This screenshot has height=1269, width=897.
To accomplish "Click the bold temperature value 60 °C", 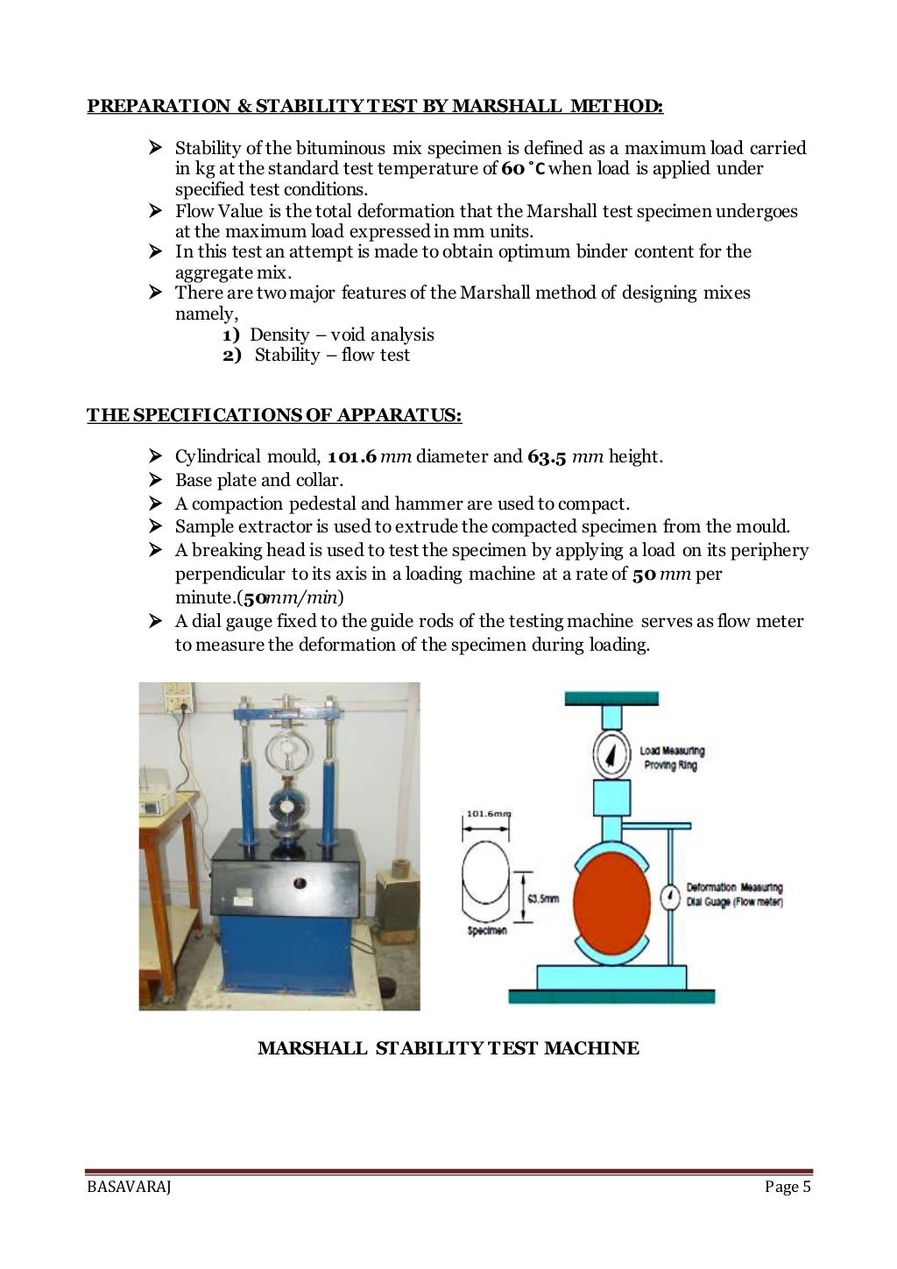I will [523, 169].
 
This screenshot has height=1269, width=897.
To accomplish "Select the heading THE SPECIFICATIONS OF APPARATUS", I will [274, 415].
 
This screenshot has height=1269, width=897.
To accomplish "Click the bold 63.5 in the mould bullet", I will [547, 457].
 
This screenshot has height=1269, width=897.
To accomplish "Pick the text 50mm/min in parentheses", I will [292, 598].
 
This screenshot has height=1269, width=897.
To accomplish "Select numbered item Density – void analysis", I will [341, 335].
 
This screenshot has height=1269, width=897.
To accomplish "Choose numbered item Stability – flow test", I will [331, 356].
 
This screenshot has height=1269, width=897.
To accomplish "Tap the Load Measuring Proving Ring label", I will [672, 758].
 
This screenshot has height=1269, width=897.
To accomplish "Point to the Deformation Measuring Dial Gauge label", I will [734, 894].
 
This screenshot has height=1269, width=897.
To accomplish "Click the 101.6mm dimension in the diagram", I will [486, 814].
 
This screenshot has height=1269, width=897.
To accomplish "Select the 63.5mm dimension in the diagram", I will [542, 899].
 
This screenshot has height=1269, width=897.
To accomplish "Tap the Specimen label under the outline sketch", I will [486, 930].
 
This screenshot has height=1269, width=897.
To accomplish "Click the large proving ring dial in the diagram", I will [611, 754].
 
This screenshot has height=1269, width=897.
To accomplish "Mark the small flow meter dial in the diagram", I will [670, 898].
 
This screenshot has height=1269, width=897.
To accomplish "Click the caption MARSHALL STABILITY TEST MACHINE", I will [448, 1048].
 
